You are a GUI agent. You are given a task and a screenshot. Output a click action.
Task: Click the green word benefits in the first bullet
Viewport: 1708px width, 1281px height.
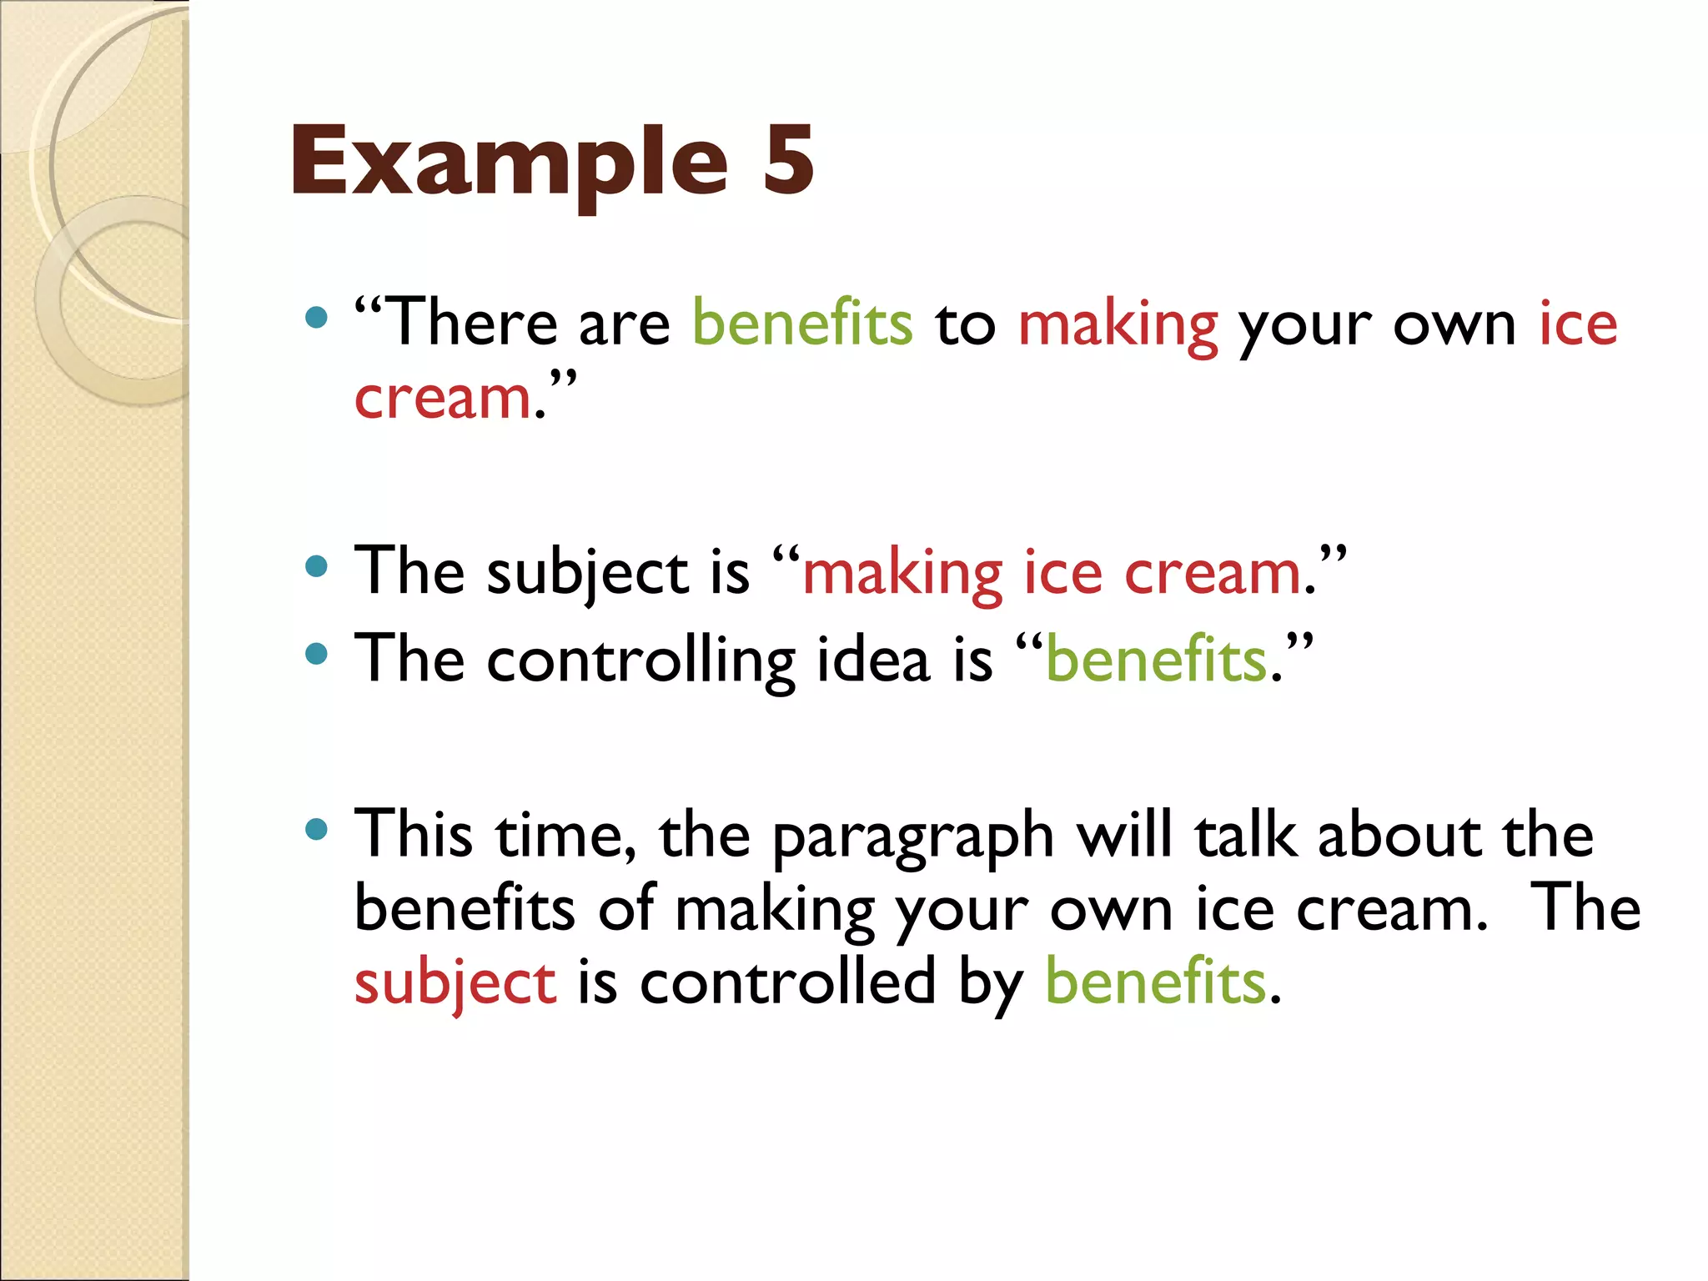[x=802, y=323]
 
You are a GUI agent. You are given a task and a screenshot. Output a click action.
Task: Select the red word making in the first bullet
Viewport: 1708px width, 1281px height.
[x=1118, y=325]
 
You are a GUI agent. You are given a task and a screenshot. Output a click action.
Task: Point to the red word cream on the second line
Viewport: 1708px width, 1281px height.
[x=443, y=397]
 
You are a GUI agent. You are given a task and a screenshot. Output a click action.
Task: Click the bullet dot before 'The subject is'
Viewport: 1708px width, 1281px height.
[x=316, y=568]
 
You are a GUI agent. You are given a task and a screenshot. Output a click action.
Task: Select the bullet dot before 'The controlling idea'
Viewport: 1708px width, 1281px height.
[x=316, y=655]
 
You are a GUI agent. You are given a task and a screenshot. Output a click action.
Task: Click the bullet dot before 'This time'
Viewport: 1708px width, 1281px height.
[x=316, y=829]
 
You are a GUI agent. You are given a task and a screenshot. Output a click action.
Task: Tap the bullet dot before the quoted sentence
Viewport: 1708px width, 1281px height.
[x=316, y=318]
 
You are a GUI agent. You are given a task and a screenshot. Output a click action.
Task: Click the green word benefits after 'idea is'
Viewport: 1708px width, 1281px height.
[x=1156, y=659]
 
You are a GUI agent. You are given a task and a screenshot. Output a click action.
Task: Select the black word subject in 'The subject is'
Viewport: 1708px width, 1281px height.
[x=588, y=574]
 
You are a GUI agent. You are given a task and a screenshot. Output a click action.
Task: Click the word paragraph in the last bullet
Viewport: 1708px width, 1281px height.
[x=913, y=836]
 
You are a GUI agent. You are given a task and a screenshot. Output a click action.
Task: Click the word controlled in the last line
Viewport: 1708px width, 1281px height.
[x=788, y=982]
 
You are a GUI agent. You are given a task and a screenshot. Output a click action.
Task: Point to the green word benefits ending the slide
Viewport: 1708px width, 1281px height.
[x=1156, y=982]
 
